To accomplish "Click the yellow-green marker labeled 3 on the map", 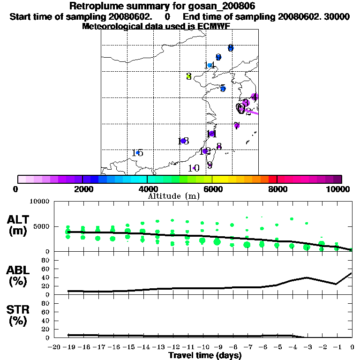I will pyautogui.click(x=188, y=76).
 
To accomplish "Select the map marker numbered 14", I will pyautogui.click(x=210, y=66).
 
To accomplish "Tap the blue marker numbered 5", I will pyautogui.click(x=223, y=88).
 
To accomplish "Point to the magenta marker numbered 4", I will pyautogui.click(x=255, y=97).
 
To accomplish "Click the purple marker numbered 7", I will pyautogui.click(x=237, y=125).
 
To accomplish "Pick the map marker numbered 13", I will pyautogui.click(x=183, y=141).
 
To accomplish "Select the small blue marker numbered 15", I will pyautogui.click(x=137, y=153).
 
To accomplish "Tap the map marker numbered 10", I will pyautogui.click(x=194, y=168).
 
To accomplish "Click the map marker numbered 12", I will pyautogui.click(x=205, y=151).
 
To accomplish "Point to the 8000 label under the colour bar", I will pyautogui.click(x=277, y=189).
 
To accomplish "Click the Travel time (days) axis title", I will pyautogui.click(x=205, y=356).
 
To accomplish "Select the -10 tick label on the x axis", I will pyautogui.click(x=202, y=347).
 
